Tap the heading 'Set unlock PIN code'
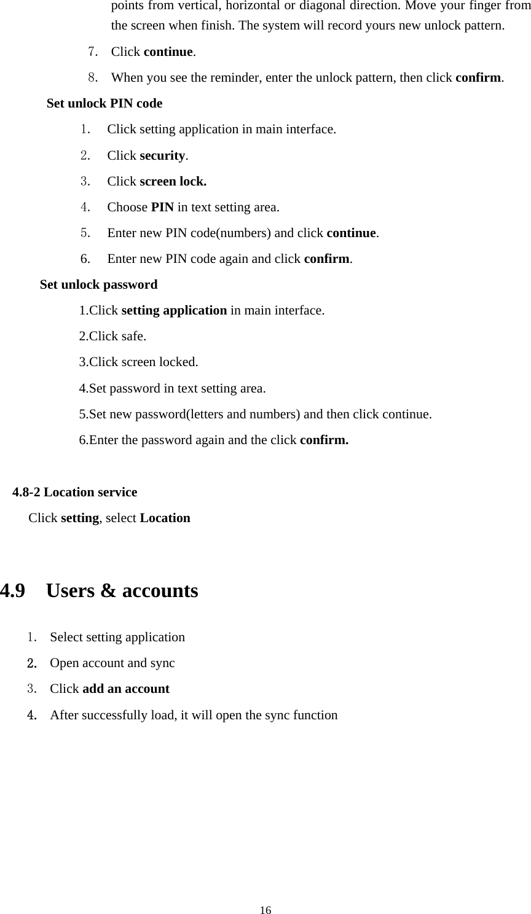pyautogui.click(x=104, y=103)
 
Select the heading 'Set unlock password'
pyautogui.click(x=98, y=284)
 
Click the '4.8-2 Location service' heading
pyautogui.click(x=75, y=492)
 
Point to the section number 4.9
pyautogui.click(x=13, y=591)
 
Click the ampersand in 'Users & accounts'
pyautogui.click(x=108, y=591)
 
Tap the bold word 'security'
pyautogui.click(x=162, y=155)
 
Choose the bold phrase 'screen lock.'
pyautogui.click(x=173, y=181)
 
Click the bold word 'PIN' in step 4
pyautogui.click(x=162, y=207)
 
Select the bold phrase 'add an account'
pyautogui.click(x=125, y=689)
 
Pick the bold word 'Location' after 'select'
pyautogui.click(x=165, y=518)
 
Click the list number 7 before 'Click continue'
pyautogui.click(x=93, y=52)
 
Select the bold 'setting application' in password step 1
pyautogui.click(x=174, y=310)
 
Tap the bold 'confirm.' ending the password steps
pyautogui.click(x=324, y=440)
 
